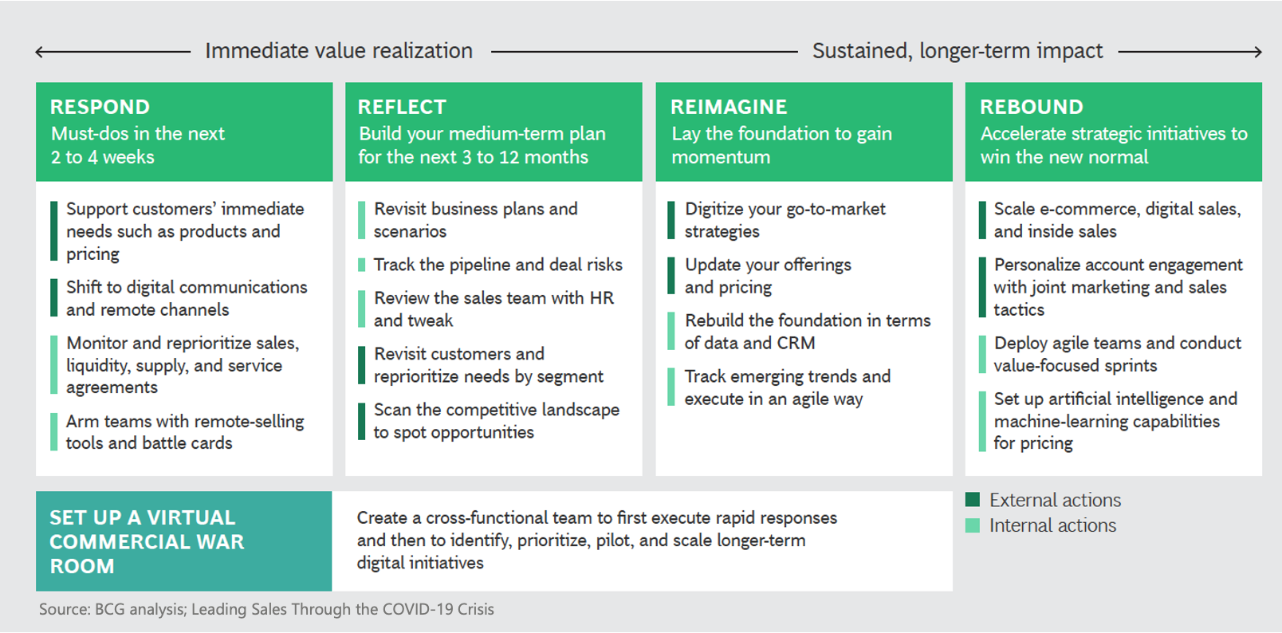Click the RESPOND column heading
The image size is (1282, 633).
(x=100, y=107)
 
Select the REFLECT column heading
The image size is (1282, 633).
(x=402, y=107)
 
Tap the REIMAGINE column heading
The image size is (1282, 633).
(x=729, y=107)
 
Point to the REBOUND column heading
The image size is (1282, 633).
(x=1032, y=107)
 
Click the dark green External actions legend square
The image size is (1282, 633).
(x=973, y=500)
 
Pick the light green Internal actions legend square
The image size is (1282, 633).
(x=973, y=525)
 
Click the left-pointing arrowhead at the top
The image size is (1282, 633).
(x=40, y=53)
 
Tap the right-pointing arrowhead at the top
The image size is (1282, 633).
(x=1256, y=53)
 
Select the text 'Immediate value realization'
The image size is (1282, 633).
(x=339, y=51)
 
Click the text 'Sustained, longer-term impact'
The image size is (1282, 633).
(x=958, y=51)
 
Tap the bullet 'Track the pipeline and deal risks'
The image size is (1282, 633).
(x=497, y=265)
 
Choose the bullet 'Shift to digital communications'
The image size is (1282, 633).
(x=186, y=298)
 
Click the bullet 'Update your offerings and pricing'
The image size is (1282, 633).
(x=767, y=276)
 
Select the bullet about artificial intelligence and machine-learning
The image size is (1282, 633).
(x=1115, y=421)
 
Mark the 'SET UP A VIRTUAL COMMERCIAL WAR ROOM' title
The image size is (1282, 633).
(x=147, y=541)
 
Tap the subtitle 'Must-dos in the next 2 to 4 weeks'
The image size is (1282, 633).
(x=137, y=145)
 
